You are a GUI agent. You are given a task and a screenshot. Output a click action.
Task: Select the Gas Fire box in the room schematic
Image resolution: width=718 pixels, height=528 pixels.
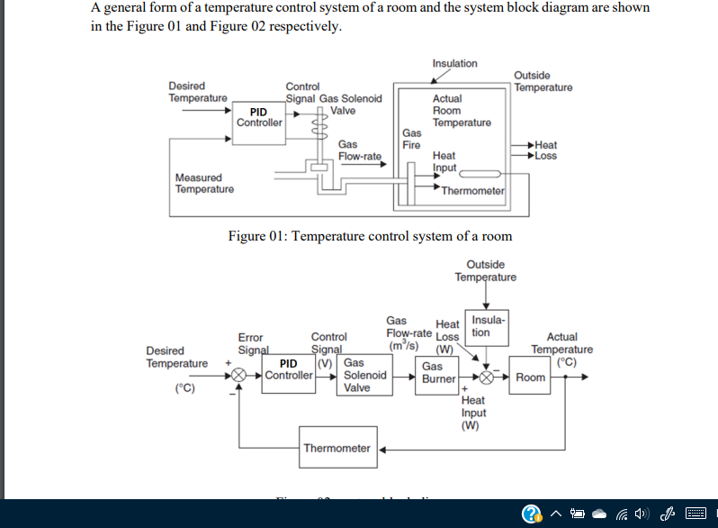tap(412, 139)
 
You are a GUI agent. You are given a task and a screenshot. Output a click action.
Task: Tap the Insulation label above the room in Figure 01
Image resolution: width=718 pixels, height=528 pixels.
tap(454, 63)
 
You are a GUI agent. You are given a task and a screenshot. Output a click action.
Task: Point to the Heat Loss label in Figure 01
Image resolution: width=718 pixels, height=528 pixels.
tap(545, 150)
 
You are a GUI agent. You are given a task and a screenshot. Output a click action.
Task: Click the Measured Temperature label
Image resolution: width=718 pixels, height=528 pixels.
tap(204, 183)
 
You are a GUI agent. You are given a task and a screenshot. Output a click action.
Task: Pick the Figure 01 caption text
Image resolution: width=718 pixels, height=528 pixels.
tap(370, 236)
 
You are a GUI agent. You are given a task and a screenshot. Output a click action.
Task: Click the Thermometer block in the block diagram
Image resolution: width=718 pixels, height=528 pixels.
tap(337, 448)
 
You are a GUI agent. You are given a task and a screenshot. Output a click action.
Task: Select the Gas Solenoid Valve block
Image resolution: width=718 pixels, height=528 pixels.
tap(365, 376)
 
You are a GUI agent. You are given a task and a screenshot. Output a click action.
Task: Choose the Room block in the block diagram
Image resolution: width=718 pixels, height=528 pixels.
tap(530, 377)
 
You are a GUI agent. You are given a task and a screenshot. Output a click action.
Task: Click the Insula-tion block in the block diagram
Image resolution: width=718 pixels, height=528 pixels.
tap(489, 326)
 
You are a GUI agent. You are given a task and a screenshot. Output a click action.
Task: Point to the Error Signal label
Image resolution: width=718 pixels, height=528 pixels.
tap(253, 342)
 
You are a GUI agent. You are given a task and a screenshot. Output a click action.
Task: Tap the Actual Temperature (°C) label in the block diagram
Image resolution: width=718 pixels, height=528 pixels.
tap(562, 349)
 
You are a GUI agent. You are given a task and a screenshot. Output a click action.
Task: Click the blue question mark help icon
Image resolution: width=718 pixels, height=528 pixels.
tap(532, 514)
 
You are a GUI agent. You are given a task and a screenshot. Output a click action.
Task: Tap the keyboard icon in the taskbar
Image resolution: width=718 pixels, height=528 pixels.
tap(696, 514)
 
